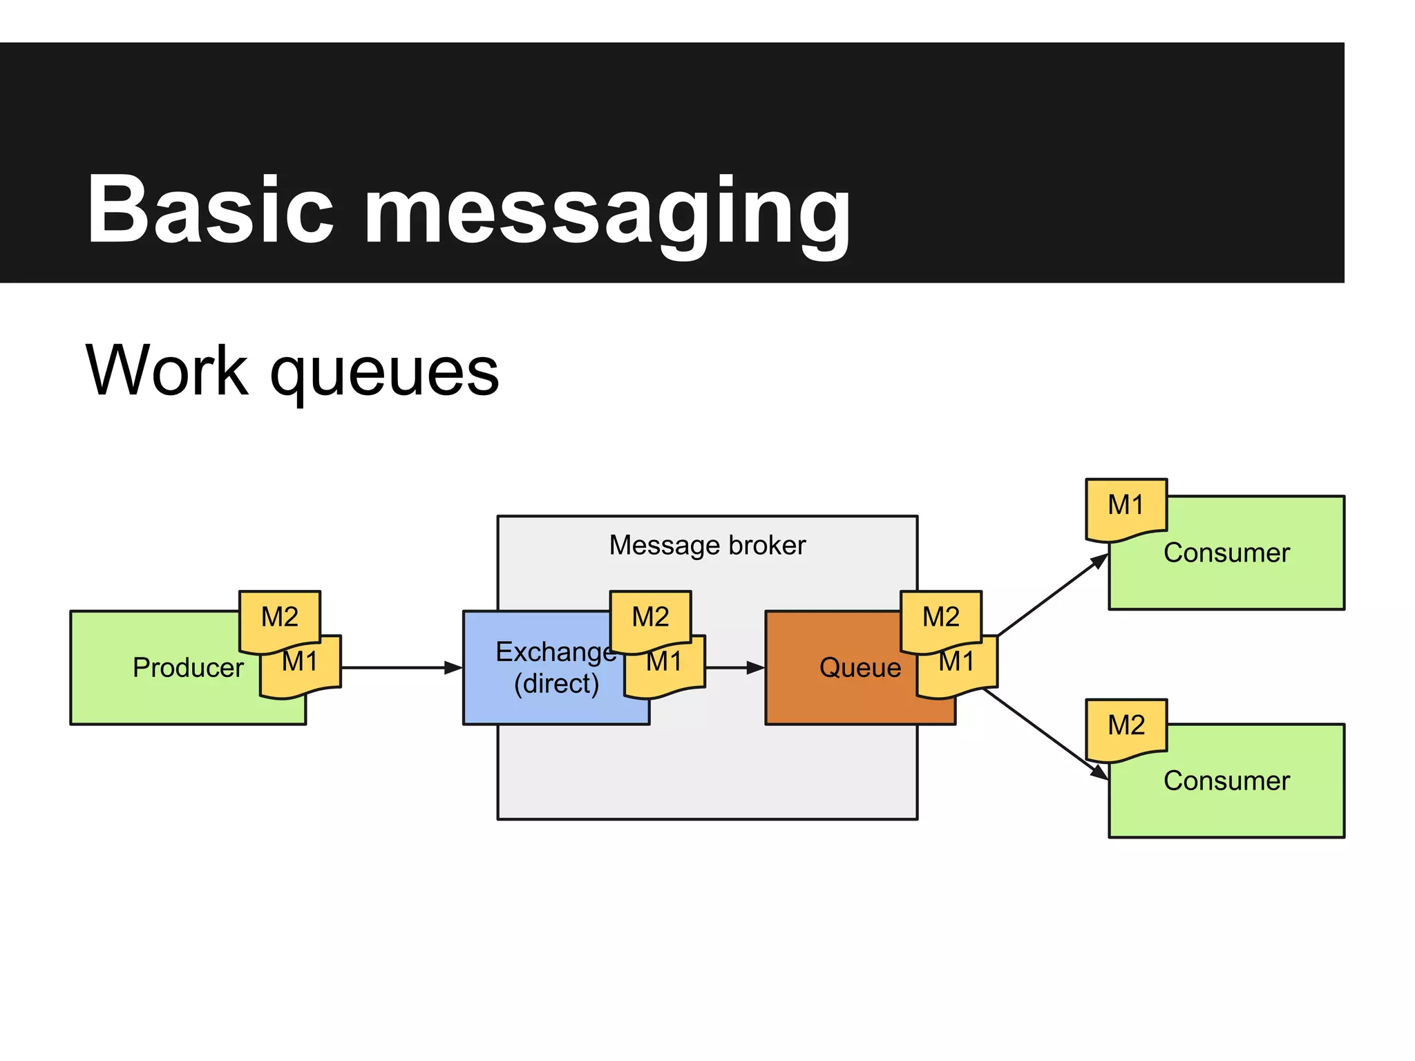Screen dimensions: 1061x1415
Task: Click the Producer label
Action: [x=188, y=668]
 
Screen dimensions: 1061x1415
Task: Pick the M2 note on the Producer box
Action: [x=280, y=617]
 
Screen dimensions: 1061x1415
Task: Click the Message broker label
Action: [x=707, y=546]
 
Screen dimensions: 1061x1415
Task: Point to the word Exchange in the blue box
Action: [x=553, y=652]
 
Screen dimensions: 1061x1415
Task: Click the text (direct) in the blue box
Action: [x=556, y=684]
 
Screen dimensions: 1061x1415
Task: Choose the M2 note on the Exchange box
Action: [x=650, y=617]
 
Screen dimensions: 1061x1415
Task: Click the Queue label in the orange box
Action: [x=860, y=668]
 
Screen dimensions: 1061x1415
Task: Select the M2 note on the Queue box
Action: [x=941, y=617]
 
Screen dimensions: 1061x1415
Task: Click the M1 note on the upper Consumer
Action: [x=1126, y=506]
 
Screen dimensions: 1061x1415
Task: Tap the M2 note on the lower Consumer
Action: [x=1126, y=726]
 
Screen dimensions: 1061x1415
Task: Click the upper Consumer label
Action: [x=1226, y=553]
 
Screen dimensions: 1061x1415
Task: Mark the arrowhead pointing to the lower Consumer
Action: [x=1099, y=772]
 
